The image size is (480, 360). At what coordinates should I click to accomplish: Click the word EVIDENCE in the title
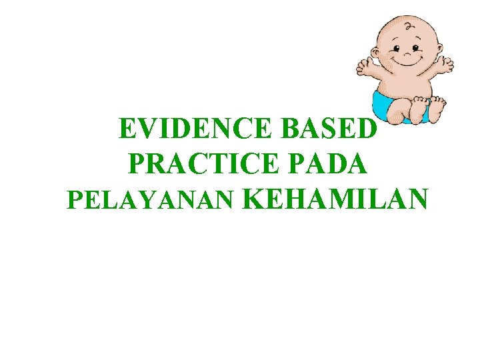click(197, 129)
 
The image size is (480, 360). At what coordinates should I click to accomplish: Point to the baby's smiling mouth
click(407, 62)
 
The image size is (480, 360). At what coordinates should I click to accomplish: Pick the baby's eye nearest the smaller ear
click(416, 48)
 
